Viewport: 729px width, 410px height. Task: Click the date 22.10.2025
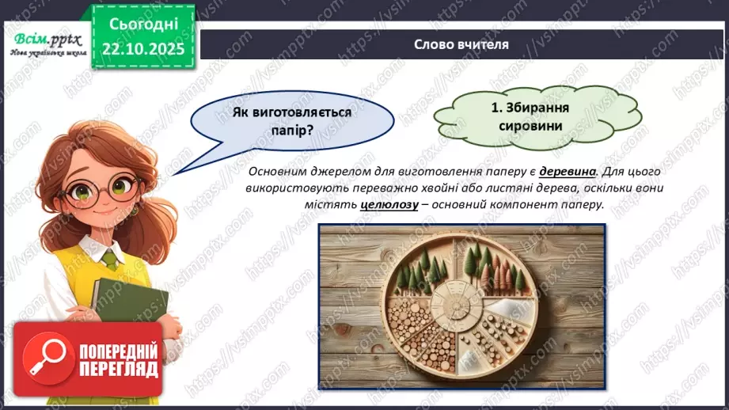point(142,48)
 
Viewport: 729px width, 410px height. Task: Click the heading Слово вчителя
point(461,44)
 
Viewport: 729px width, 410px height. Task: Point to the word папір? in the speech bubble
point(292,130)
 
